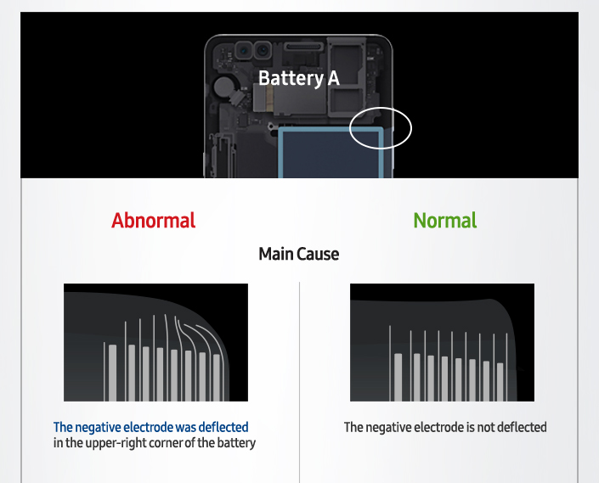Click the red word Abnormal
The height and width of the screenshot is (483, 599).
point(153,221)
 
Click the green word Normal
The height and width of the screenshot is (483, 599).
point(445,221)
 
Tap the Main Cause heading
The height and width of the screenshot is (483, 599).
point(299,254)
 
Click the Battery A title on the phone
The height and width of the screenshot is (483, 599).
point(299,79)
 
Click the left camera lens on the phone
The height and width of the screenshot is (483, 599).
point(244,50)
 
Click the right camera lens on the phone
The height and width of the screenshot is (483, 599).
point(263,50)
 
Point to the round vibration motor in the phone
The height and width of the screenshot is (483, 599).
point(222,87)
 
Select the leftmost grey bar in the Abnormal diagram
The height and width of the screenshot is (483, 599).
point(113,373)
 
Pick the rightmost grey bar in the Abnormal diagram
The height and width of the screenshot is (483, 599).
point(217,378)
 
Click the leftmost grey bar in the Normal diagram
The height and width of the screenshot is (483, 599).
point(398,378)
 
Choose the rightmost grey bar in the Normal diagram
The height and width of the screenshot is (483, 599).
point(500,382)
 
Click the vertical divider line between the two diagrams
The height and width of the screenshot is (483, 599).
point(299,382)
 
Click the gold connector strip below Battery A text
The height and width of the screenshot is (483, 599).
point(270,98)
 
